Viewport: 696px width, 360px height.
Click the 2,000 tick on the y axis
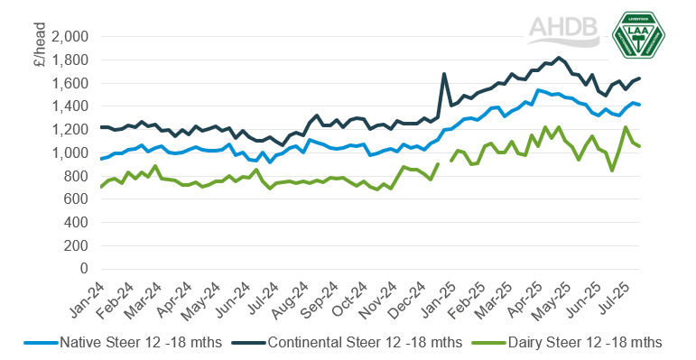70,37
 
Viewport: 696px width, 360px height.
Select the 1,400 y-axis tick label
70,106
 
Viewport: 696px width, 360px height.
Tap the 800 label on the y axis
76,176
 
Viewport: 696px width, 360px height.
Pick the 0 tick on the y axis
85,269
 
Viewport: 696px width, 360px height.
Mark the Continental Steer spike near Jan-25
444,74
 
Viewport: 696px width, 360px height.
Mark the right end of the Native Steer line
640,105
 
